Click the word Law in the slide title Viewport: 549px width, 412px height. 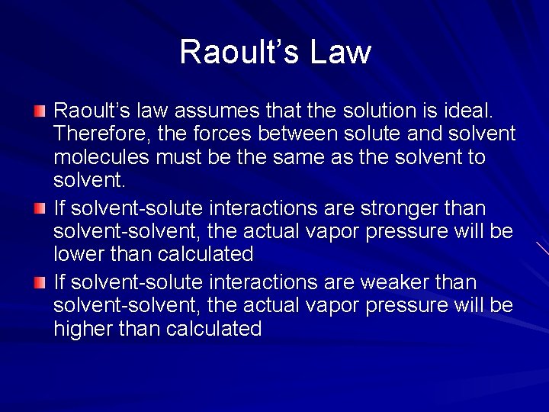tap(341, 52)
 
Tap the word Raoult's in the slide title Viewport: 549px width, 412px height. tap(237, 52)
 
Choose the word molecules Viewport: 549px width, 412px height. tap(101, 157)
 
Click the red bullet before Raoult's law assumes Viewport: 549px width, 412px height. tap(40, 112)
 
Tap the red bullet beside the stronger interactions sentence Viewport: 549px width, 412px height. tap(40, 208)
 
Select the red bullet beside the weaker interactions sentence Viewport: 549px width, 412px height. tap(40, 283)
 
